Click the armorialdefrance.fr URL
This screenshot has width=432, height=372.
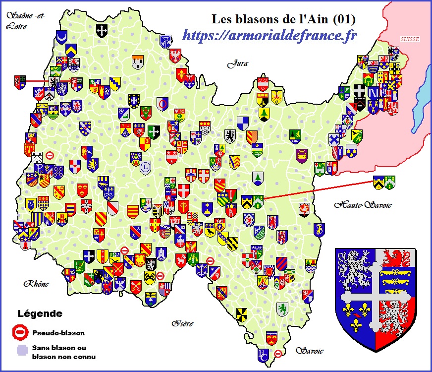click(x=270, y=35)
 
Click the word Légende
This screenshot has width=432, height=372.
click(x=40, y=314)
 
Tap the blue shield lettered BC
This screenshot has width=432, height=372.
click(x=263, y=355)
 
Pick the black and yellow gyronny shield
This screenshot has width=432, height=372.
click(x=242, y=313)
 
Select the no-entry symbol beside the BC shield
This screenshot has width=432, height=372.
click(x=278, y=354)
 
